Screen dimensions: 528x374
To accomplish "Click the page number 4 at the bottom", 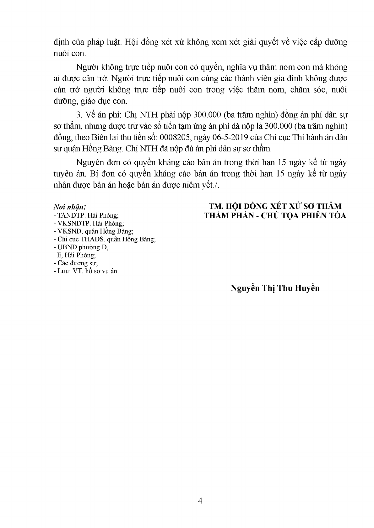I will coord(200,500).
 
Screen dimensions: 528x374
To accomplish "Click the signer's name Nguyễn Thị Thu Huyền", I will coord(275,288).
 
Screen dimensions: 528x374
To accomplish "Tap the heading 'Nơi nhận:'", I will coord(70,207).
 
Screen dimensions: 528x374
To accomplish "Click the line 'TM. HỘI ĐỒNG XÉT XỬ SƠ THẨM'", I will coord(275,206).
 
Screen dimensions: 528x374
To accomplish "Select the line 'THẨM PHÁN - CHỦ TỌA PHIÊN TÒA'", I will coord(275,216).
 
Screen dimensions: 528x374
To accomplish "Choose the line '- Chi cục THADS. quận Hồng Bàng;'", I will coord(105,239).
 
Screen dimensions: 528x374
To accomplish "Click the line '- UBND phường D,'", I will coord(81,247).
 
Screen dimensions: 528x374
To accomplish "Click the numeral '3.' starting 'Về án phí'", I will coord(79,115).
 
